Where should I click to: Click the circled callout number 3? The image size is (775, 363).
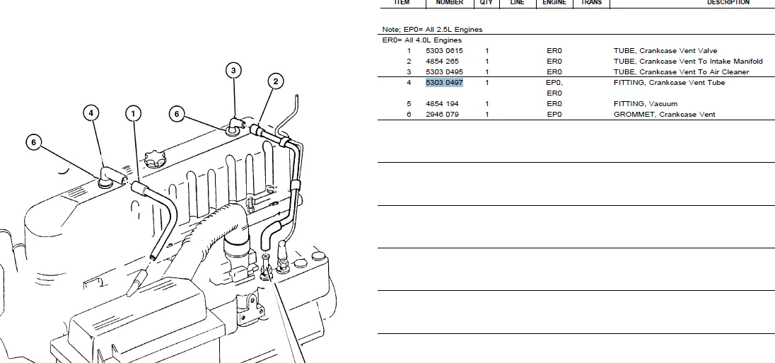pyautogui.click(x=233, y=70)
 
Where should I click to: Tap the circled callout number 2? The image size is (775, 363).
pyautogui.click(x=275, y=81)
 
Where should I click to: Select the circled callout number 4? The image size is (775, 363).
pyautogui.click(x=91, y=113)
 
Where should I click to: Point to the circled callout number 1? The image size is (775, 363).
pyautogui.click(x=133, y=114)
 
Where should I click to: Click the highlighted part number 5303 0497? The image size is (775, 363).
pyautogui.click(x=444, y=83)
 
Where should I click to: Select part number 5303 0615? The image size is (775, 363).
pyautogui.click(x=444, y=50)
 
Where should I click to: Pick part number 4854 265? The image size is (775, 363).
pyautogui.click(x=442, y=62)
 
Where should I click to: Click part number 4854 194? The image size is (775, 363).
pyautogui.click(x=442, y=104)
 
